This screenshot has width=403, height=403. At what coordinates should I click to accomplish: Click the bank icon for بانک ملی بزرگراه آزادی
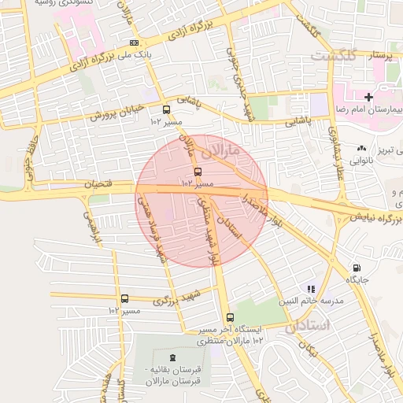coord(134,43)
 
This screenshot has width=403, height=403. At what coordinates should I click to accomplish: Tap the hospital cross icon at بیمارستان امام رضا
coord(370,96)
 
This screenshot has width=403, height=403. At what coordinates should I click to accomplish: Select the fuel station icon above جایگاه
coord(357,268)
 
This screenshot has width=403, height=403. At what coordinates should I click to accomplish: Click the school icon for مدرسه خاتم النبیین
coord(311,290)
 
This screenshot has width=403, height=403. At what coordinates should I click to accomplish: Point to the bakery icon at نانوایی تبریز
coord(361,148)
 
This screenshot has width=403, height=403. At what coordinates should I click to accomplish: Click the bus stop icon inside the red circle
coord(197,172)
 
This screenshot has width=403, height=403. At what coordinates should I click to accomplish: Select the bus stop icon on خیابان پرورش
coord(166,110)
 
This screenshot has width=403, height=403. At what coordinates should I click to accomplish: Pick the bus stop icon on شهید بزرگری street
coord(124,299)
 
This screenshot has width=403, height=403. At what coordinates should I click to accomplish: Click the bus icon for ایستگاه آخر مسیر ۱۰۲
coord(228,318)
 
